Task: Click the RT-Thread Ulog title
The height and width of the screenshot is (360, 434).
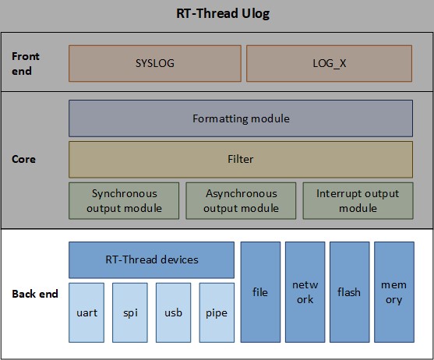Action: (x=217, y=14)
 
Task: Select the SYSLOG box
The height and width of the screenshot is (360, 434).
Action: (x=156, y=63)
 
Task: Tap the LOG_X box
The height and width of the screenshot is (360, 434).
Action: (x=329, y=63)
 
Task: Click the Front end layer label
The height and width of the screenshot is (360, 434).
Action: (x=26, y=63)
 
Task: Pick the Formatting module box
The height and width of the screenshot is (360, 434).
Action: (x=240, y=118)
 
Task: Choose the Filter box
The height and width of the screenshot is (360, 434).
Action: (x=240, y=159)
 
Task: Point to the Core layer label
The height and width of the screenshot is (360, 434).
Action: (x=24, y=159)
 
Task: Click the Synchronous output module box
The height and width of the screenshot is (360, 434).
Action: (x=124, y=201)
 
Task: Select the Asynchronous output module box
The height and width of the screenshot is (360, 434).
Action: (x=240, y=201)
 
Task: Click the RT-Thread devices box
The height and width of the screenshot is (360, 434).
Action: (x=151, y=259)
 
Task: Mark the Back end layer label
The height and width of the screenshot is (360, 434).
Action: (x=35, y=294)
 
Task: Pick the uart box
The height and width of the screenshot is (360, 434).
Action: (x=86, y=313)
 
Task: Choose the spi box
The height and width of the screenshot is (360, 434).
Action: (x=129, y=313)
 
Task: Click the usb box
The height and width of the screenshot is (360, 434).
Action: (x=173, y=313)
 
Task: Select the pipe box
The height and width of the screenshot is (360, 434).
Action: (x=216, y=313)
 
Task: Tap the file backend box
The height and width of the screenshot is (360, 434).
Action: (x=260, y=292)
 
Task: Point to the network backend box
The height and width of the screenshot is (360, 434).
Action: (x=305, y=292)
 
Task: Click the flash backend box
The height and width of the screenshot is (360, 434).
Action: (x=349, y=292)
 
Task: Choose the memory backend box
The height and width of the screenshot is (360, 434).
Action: (x=393, y=292)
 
